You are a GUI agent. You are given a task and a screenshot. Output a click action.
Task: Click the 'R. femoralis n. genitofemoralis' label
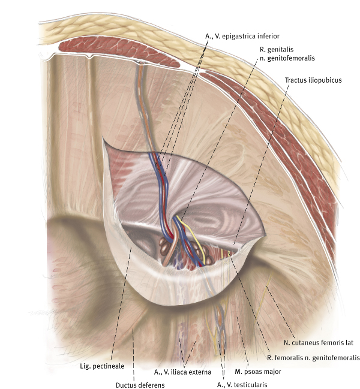tap(313, 358)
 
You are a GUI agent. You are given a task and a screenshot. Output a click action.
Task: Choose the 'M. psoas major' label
tap(258, 372)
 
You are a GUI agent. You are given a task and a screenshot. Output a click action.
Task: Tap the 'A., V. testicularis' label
tap(242, 384)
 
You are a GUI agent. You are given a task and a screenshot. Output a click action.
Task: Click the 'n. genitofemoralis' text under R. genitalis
tap(287, 58)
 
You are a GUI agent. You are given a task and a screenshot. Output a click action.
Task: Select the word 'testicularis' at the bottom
tap(251, 384)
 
